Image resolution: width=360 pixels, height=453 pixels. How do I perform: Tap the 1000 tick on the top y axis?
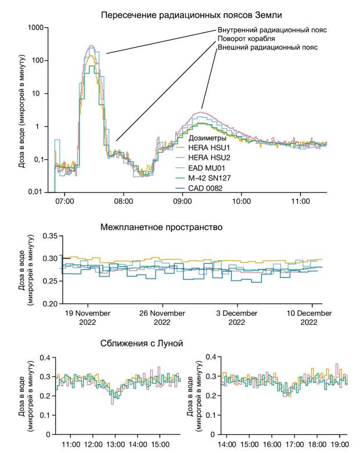37,27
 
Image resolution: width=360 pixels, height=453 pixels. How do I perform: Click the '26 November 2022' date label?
162,318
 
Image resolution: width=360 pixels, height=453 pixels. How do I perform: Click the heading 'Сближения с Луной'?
142,344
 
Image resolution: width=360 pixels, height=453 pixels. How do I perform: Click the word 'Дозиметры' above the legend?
208,138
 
